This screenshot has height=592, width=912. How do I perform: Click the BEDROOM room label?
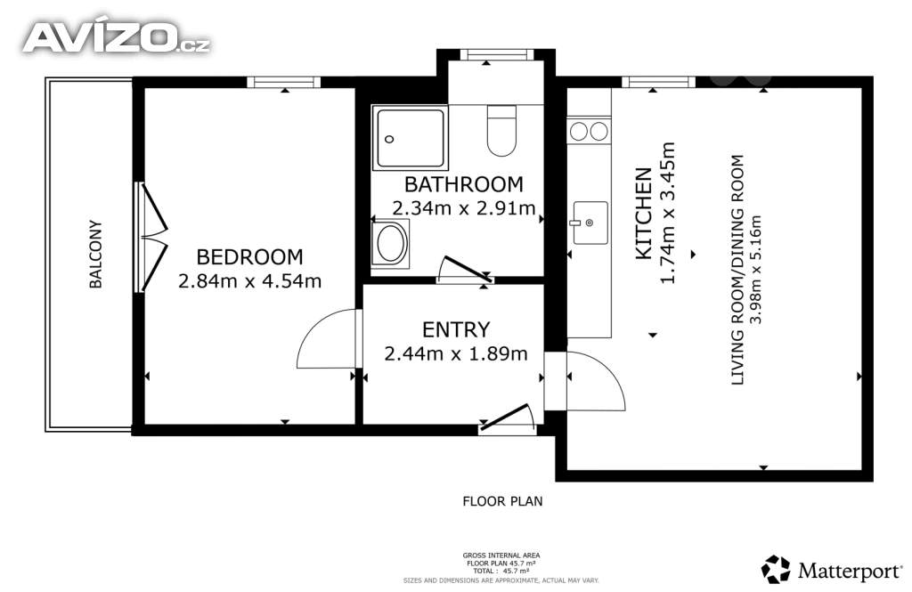(x=249, y=256)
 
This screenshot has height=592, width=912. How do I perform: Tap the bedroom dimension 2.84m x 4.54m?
(x=249, y=281)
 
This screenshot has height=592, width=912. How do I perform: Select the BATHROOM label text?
(x=463, y=184)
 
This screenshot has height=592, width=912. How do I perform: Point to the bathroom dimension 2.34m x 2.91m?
(x=463, y=207)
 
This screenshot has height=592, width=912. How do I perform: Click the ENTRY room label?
(x=456, y=329)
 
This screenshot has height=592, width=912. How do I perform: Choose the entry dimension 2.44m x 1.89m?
(x=456, y=353)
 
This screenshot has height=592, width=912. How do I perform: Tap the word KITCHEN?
(x=643, y=214)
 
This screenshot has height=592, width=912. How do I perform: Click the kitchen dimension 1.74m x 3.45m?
(x=668, y=213)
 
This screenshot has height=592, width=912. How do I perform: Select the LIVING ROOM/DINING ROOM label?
(x=737, y=270)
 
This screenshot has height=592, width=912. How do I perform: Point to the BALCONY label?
(x=95, y=254)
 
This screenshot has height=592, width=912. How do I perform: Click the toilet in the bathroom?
(x=501, y=130)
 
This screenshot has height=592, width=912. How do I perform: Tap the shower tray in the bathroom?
(x=410, y=138)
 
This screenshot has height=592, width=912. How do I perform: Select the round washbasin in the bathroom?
(x=391, y=244)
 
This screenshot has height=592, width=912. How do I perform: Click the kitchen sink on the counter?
(x=590, y=223)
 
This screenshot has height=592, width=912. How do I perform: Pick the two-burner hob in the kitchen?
(x=589, y=132)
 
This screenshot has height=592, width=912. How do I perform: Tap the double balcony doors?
(x=152, y=237)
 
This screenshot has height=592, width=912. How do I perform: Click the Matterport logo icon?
(x=776, y=570)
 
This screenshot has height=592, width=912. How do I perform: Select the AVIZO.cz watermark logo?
(x=117, y=37)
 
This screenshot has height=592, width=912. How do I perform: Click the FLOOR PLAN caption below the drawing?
(x=502, y=500)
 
